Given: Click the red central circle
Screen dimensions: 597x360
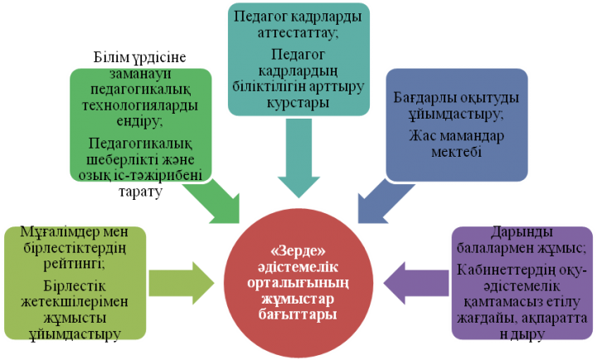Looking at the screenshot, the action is [x=298, y=283].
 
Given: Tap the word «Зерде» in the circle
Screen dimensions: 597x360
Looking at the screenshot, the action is [x=298, y=251].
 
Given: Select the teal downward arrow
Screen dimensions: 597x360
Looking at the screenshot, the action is [x=298, y=158].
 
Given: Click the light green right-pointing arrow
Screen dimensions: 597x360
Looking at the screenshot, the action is [x=182, y=283].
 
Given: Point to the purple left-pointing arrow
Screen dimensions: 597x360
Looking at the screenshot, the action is [x=415, y=284].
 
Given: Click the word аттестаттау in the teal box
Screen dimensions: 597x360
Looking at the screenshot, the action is [x=298, y=32].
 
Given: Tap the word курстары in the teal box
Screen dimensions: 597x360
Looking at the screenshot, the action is [x=298, y=103].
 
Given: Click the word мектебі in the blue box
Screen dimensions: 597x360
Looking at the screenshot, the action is [x=456, y=152].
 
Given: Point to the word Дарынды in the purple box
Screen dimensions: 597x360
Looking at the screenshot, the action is [x=522, y=231].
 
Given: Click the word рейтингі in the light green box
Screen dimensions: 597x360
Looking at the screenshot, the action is [x=75, y=264].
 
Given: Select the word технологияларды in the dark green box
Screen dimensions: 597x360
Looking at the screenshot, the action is [x=140, y=105].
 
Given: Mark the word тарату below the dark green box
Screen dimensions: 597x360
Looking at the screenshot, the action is [x=140, y=192].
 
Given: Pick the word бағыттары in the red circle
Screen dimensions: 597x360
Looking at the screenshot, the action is [x=298, y=315].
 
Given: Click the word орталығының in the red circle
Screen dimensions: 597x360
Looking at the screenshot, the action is [x=298, y=283].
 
